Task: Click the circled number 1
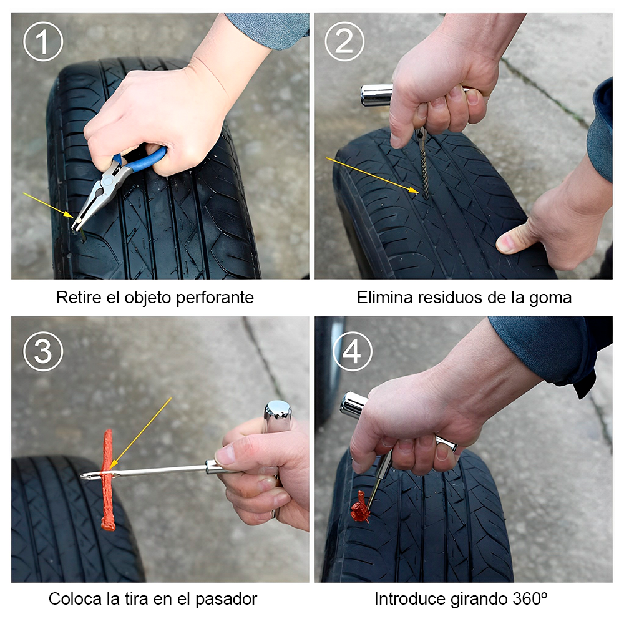click(43, 42)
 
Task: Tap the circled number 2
click(344, 42)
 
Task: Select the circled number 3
click(43, 352)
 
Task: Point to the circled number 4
click(352, 352)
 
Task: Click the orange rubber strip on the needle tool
click(108, 480)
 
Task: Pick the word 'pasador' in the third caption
click(226, 599)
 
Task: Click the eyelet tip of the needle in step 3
click(87, 476)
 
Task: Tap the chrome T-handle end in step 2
click(376, 94)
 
